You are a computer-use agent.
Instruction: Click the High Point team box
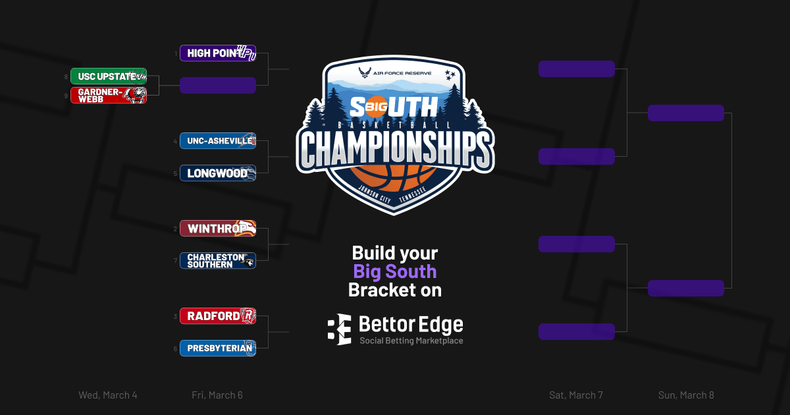click(x=217, y=53)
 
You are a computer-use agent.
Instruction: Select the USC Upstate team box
click(x=109, y=76)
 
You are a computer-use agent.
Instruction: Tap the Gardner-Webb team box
click(x=109, y=96)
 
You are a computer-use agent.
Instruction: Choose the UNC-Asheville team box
click(x=217, y=141)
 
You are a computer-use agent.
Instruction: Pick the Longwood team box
click(x=217, y=173)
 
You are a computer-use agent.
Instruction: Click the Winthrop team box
click(x=217, y=229)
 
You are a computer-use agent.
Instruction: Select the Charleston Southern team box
click(x=217, y=260)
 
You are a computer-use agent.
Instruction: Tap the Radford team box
click(x=217, y=316)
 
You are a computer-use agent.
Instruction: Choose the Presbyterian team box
click(x=217, y=348)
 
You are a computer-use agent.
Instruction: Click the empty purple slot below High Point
click(x=217, y=85)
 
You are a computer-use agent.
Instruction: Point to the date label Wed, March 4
click(x=108, y=395)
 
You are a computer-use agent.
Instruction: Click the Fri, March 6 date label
click(x=217, y=395)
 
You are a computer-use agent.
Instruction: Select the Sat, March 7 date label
click(x=576, y=395)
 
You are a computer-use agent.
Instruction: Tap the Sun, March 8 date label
click(x=686, y=395)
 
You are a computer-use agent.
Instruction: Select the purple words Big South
click(x=395, y=271)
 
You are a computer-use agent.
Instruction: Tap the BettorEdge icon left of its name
click(x=339, y=329)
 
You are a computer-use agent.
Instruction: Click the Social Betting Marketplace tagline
click(x=411, y=341)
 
